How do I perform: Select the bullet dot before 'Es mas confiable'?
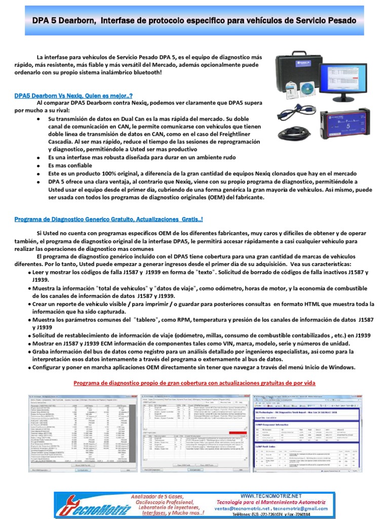[40, 165]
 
